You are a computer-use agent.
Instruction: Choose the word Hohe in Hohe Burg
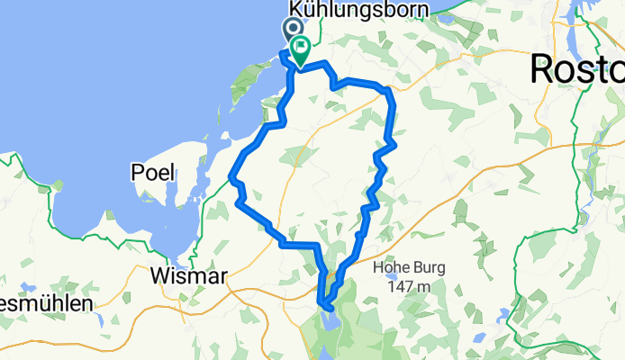(393, 266)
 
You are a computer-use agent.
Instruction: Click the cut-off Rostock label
(577, 68)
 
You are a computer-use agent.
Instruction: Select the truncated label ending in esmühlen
(45, 303)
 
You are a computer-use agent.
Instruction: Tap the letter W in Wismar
(160, 274)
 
